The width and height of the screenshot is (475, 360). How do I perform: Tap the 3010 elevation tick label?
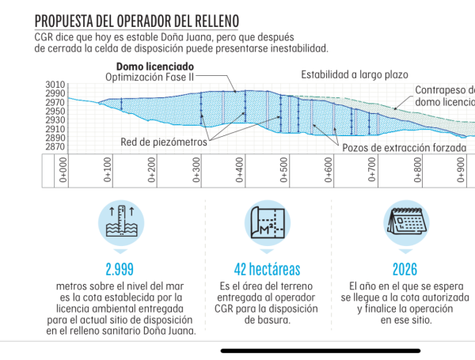click(x=55, y=85)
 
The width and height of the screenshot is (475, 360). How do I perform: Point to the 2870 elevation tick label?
click(x=55, y=146)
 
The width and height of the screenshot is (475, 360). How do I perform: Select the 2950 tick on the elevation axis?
click(x=55, y=112)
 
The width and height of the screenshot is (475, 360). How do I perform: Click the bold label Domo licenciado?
click(x=155, y=66)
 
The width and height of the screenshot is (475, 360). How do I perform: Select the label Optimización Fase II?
click(x=150, y=77)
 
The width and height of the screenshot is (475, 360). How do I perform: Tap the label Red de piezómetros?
click(x=164, y=143)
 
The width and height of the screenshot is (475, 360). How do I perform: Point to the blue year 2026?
click(x=404, y=269)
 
